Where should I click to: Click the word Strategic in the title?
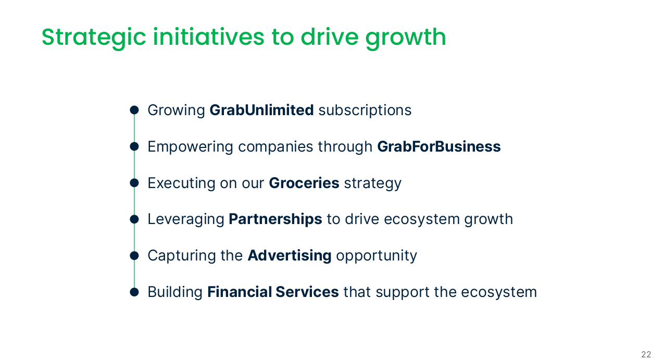[x=94, y=38]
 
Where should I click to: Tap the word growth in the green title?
[x=406, y=38]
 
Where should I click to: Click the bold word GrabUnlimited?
[x=261, y=110]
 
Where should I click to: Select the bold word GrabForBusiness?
[x=439, y=146]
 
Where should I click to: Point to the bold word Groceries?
[x=304, y=183]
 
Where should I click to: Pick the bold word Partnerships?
[x=275, y=219]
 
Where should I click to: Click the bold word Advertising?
[x=290, y=256]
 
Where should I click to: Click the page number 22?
[x=646, y=354]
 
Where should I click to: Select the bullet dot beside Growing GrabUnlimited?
[x=134, y=110]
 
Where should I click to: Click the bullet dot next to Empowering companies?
[x=134, y=146]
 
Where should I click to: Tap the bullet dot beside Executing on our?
[x=134, y=183]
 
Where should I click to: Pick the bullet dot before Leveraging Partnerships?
[x=134, y=219]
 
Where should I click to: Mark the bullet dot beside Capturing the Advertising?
[x=134, y=256]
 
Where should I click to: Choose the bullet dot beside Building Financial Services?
[x=134, y=292]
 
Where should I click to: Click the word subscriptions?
[x=365, y=110]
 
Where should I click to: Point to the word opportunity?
[x=377, y=256]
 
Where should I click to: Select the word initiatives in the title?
[x=208, y=37]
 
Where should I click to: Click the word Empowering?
[x=190, y=147]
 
